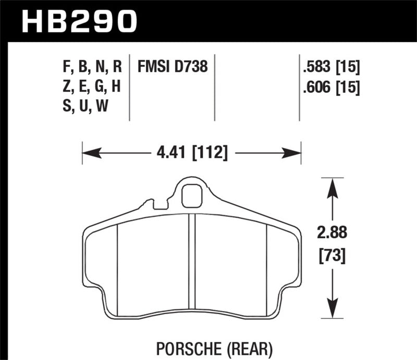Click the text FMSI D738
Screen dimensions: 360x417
tap(173, 67)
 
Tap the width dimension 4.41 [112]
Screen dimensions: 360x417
tap(192, 153)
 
